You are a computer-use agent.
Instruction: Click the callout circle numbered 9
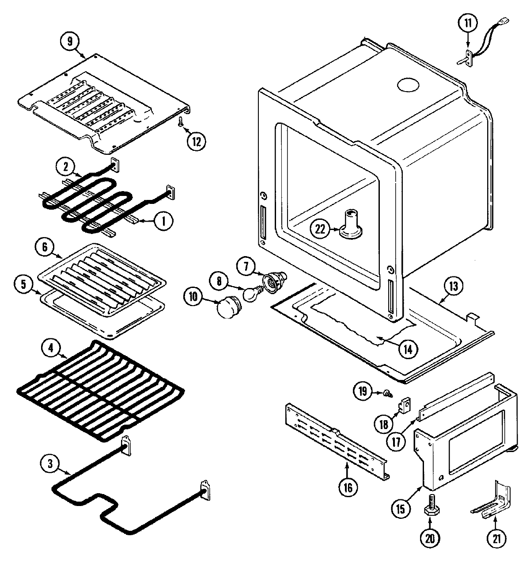coord(69,42)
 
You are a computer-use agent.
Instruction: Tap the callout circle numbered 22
coord(320,229)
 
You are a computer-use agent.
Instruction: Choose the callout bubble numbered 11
coord(468,24)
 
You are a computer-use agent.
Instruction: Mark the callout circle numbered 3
coord(50,463)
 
